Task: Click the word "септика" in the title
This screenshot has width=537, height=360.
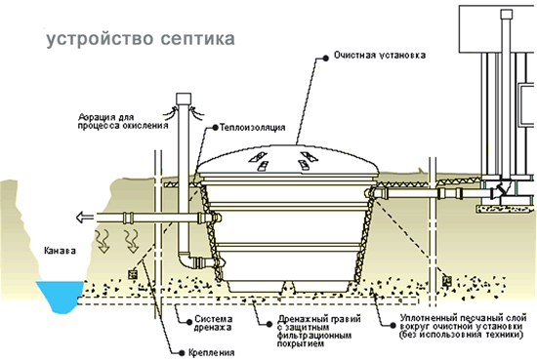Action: tap(198, 38)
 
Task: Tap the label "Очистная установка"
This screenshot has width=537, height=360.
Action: tap(380, 55)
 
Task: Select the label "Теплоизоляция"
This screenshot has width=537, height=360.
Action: tap(253, 128)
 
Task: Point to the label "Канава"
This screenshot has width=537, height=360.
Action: tap(60, 251)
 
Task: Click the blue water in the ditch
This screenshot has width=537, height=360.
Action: tap(61, 296)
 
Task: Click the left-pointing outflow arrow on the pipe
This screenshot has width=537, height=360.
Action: tap(84, 218)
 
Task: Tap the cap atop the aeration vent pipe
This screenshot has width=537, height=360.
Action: tap(185, 99)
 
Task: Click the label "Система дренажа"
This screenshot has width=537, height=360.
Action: tap(214, 323)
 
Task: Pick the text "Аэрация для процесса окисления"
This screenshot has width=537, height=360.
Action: tap(123, 122)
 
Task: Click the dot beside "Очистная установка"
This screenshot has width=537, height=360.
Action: tap(325, 59)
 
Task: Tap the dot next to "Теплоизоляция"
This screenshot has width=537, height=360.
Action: tap(215, 128)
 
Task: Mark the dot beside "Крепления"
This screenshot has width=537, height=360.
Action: tap(182, 353)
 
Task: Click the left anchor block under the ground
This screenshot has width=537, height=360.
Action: tap(132, 274)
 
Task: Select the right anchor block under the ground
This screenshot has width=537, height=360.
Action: tap(446, 281)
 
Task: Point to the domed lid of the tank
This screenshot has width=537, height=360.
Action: tap(288, 160)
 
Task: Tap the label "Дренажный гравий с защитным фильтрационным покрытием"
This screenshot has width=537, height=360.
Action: tap(318, 331)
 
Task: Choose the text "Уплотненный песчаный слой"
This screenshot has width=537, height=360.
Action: tap(464, 318)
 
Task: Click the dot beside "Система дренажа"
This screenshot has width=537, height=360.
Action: tap(189, 322)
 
